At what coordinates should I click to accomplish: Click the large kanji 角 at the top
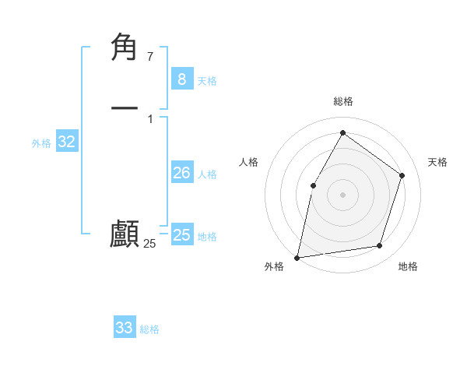click(125, 48)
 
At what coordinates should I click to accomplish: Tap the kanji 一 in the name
click(125, 107)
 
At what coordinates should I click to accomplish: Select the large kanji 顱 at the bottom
click(125, 234)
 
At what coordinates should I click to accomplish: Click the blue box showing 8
click(181, 79)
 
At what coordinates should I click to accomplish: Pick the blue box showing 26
click(181, 173)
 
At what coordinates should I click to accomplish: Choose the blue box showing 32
click(66, 142)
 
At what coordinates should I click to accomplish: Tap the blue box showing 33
click(124, 328)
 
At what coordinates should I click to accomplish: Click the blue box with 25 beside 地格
click(181, 235)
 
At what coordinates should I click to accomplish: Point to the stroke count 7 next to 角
click(149, 56)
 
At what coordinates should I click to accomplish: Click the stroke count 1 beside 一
click(149, 118)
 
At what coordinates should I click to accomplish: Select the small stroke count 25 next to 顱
click(149, 244)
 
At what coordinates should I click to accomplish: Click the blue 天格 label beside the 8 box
click(207, 80)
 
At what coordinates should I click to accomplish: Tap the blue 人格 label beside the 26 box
click(207, 174)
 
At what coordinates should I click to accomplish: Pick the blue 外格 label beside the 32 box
click(41, 143)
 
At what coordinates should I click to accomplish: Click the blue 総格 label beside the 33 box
click(149, 329)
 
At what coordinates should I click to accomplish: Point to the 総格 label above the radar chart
click(342, 101)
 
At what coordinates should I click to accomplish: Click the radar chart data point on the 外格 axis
click(297, 257)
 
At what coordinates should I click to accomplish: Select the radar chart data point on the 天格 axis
click(402, 175)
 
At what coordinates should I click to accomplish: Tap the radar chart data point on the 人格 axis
click(313, 185)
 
